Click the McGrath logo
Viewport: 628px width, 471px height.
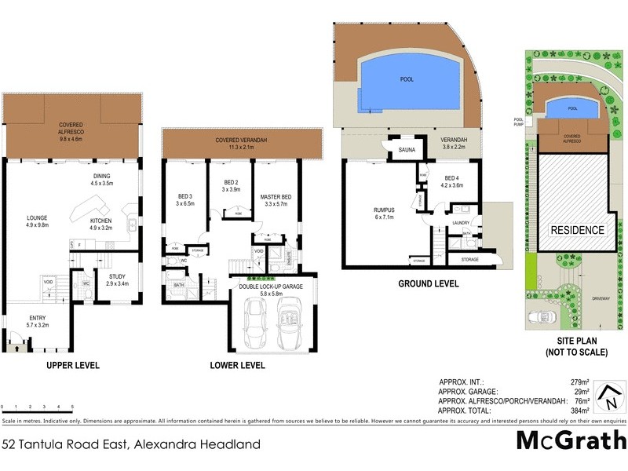(571, 440)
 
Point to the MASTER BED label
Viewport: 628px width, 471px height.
(276, 195)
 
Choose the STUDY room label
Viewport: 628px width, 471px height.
(118, 276)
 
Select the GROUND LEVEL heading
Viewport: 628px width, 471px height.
(428, 283)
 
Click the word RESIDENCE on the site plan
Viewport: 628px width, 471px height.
(576, 230)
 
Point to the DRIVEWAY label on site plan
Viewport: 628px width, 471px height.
(601, 298)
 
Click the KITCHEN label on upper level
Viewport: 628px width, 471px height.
(100, 221)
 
